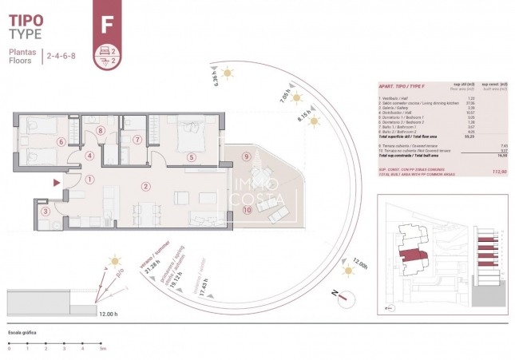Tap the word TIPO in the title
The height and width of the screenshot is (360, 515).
(x=26, y=18)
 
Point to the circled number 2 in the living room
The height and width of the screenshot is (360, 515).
(x=145, y=187)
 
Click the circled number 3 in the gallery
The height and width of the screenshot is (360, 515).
(x=46, y=211)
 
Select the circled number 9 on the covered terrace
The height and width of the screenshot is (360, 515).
(x=247, y=156)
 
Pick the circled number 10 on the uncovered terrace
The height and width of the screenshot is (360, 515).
(x=247, y=210)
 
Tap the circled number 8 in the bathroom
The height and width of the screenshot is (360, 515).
(x=101, y=130)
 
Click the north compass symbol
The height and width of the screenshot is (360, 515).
(x=343, y=297)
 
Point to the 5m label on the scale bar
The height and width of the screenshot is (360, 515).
(x=101, y=348)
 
